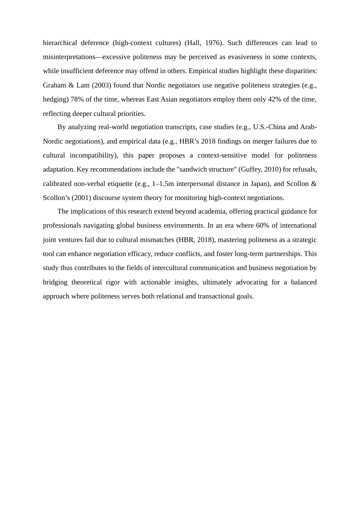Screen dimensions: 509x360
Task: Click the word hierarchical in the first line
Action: click(x=60, y=43)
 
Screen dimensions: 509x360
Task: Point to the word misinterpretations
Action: click(x=69, y=57)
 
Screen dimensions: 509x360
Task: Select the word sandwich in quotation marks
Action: click(x=193, y=169)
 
